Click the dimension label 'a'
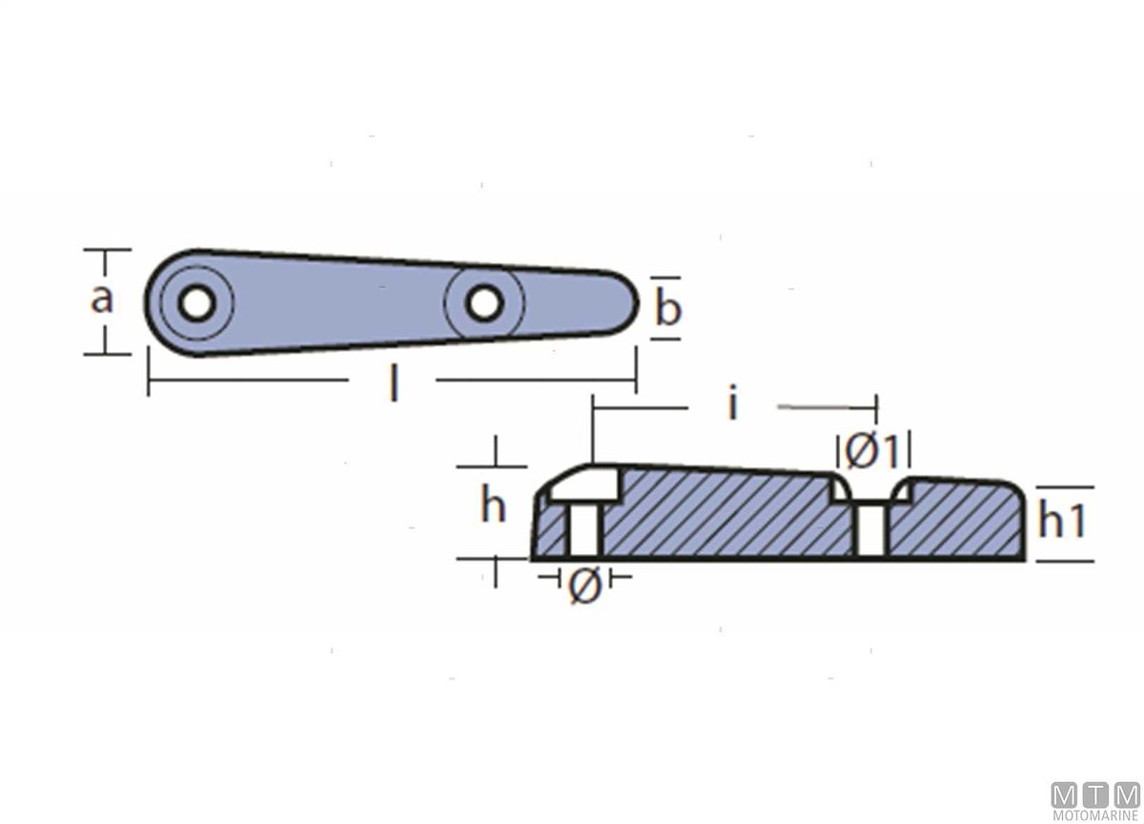coord(101,299)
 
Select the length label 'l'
coord(392,384)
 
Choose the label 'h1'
coord(1062,520)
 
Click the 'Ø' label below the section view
coord(584,586)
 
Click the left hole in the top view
coord(196,303)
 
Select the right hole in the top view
coord(484,303)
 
